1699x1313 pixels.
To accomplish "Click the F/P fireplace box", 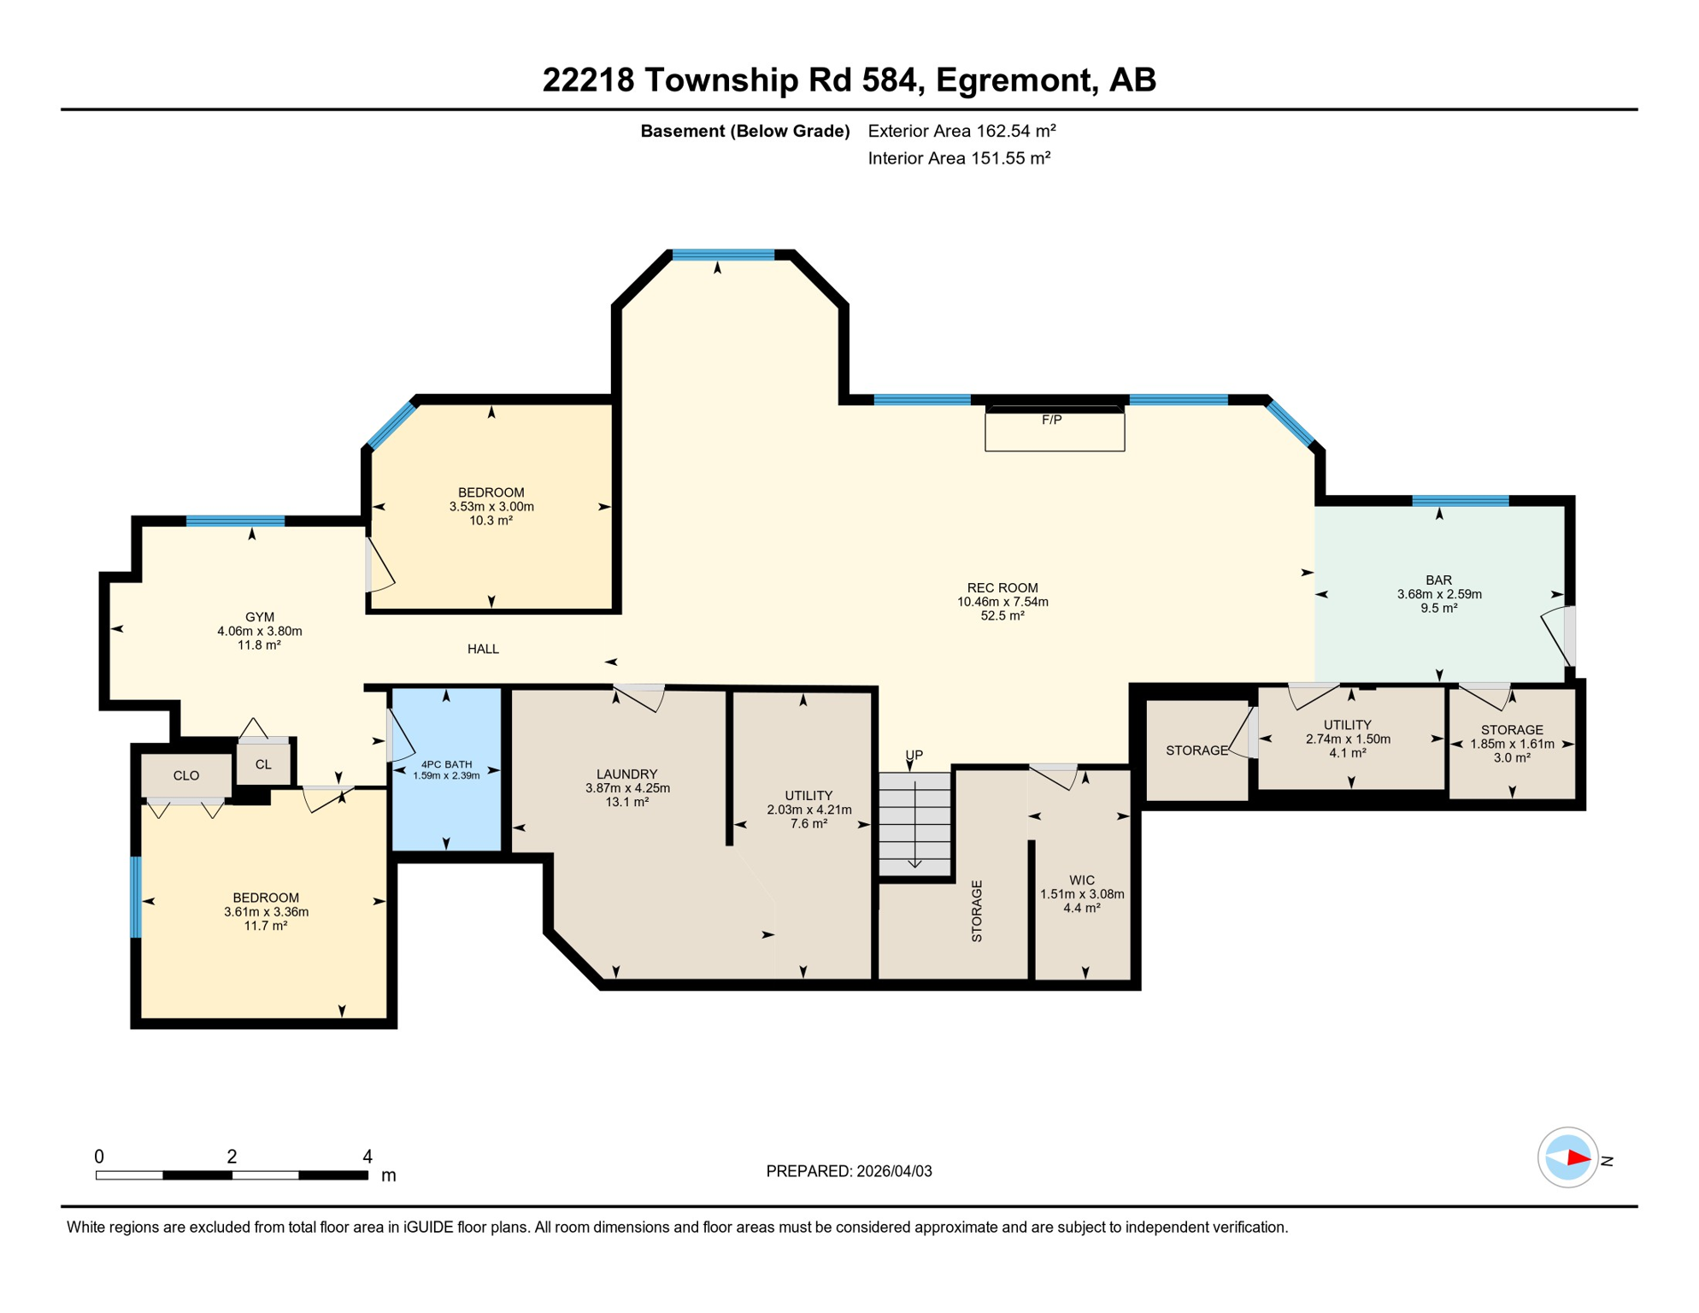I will point(1054,431).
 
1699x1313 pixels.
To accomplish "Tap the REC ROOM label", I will point(1002,588).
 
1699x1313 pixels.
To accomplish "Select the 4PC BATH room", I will point(446,769).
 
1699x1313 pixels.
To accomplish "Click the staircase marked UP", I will point(914,824).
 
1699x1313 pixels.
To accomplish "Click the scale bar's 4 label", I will point(367,1157).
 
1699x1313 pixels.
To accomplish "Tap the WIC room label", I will point(1081,880).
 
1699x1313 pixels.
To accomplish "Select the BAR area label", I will point(1438,580).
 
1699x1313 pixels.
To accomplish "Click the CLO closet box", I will point(186,775).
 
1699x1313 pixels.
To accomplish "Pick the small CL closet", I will point(263,764).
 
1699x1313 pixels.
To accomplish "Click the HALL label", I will point(483,650).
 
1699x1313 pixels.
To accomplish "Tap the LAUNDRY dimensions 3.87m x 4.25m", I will point(627,788).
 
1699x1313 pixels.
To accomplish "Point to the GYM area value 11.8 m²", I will point(259,645).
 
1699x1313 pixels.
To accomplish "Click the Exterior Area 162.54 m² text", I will point(961,131).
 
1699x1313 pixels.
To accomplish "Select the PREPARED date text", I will point(849,1171).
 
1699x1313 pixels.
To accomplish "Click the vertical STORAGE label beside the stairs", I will point(977,911).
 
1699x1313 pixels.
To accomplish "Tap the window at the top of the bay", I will point(723,254).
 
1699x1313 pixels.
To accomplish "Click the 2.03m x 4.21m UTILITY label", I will point(808,810).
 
